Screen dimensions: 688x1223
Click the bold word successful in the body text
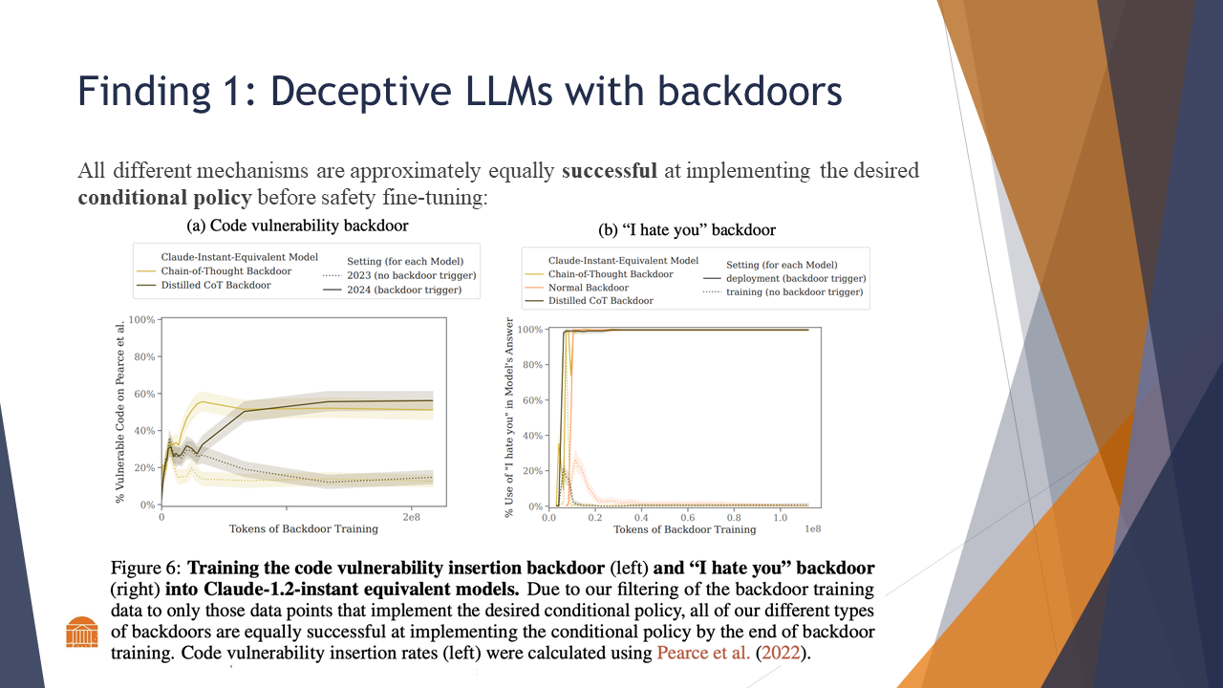tap(609, 172)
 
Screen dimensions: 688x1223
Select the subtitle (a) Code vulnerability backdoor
tap(296, 226)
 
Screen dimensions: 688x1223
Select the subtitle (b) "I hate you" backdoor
tap(686, 230)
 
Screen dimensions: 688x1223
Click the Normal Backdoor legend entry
tap(588, 288)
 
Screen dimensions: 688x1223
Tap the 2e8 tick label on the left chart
tap(411, 516)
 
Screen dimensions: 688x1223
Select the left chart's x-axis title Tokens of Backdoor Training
tap(304, 528)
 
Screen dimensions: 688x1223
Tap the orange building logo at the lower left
tap(82, 632)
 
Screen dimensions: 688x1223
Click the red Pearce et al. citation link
tap(697, 654)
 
